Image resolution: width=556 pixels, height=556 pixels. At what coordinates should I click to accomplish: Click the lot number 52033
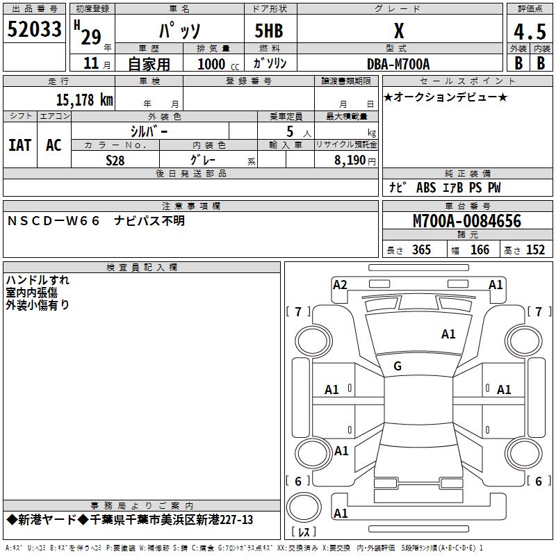pos(34,29)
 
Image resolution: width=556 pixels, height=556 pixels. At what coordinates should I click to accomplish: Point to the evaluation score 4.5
pos(529,32)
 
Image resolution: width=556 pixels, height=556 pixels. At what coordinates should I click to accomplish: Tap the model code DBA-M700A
pos(398,64)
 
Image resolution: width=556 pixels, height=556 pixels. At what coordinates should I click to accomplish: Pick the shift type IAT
pos(19,145)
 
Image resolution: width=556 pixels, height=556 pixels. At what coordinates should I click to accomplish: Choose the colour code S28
pos(115,160)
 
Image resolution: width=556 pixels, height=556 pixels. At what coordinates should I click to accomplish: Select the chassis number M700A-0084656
pos(467,221)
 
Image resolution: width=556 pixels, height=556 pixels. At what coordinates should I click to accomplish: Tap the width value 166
pos(480,250)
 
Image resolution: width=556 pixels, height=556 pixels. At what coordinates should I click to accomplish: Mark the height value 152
pos(535,250)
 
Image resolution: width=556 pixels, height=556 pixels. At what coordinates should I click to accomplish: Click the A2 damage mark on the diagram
pos(340,284)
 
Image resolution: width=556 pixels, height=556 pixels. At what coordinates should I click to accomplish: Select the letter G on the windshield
pos(398,366)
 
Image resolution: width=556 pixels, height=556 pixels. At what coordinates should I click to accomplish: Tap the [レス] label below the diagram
pos(304,532)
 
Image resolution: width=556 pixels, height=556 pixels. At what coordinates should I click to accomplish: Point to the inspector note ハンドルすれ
pos(38,280)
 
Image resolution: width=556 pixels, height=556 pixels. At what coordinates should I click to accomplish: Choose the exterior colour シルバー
pos(149,130)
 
